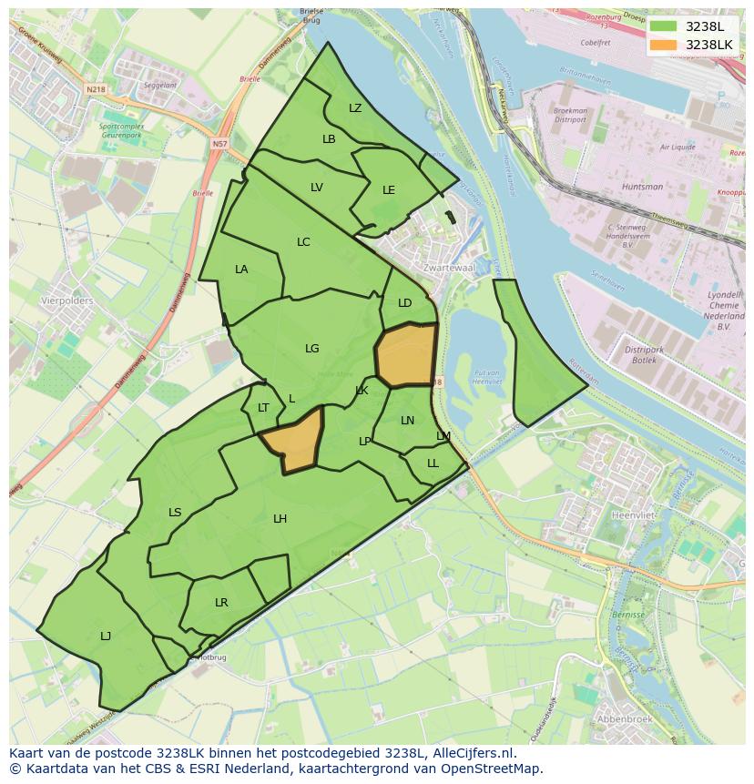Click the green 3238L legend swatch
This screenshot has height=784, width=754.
663,26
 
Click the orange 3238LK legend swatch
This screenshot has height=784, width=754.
663,45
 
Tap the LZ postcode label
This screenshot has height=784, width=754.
355,108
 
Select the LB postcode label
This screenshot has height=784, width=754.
329,139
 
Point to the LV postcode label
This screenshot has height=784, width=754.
317,188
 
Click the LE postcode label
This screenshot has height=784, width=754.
389,190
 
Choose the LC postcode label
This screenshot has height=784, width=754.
303,242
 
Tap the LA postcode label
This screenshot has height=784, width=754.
241,270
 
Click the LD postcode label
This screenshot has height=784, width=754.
405,303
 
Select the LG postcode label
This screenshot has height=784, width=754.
312,349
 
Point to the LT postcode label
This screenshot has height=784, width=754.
263,408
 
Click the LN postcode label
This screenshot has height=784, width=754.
407,421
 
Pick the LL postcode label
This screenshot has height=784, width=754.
433,463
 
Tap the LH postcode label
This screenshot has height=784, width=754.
280,519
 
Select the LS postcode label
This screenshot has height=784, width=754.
175,513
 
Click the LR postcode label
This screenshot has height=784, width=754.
221,603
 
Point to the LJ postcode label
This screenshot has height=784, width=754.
106,636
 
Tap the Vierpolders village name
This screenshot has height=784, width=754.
67,300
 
